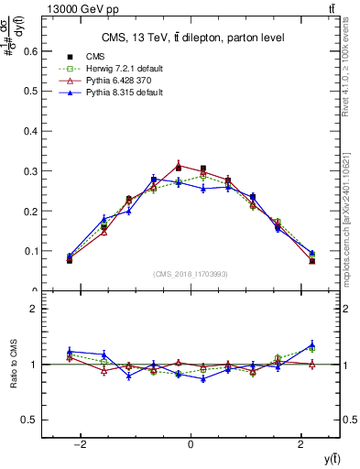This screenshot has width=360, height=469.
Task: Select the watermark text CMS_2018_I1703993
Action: [190, 275]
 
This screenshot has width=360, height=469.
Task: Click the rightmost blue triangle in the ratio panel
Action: [312, 345]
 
